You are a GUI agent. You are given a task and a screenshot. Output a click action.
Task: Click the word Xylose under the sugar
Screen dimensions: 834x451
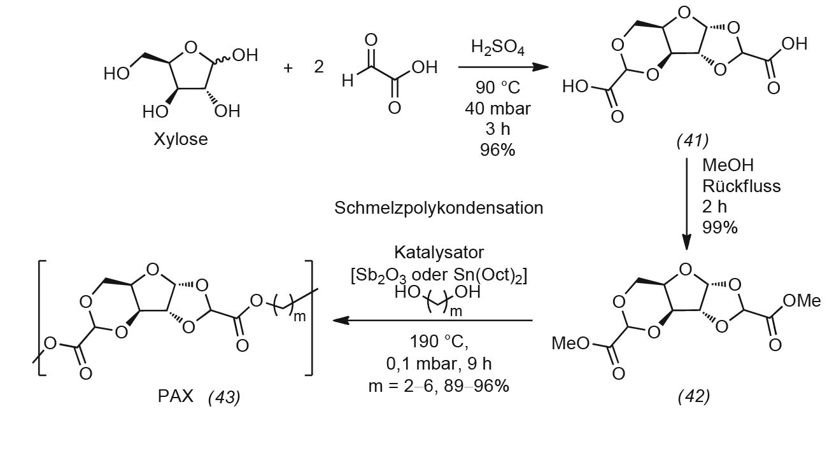pos(181,139)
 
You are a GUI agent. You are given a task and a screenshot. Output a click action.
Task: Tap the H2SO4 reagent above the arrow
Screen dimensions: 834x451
pos(498,48)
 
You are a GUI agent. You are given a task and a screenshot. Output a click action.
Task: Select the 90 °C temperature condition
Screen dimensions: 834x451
pos(498,88)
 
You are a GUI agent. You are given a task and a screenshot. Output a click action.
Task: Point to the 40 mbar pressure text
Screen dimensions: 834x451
pos(498,109)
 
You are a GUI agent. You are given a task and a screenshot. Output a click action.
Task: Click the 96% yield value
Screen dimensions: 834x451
pos(498,150)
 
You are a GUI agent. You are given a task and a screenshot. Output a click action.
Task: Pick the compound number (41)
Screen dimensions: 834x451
pos(693,141)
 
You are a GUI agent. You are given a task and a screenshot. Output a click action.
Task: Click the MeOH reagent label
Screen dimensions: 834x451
pos(728,165)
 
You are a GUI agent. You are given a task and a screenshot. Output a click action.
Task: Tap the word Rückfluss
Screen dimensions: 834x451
pos(741,186)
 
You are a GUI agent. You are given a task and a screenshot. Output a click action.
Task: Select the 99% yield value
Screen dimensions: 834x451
pos(719,227)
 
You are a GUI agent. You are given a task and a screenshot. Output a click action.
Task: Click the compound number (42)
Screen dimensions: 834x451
pos(694,397)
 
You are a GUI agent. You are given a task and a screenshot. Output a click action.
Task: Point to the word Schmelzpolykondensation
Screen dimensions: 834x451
pos(439,207)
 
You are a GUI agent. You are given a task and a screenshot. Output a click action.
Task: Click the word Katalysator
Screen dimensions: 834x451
pos(439,253)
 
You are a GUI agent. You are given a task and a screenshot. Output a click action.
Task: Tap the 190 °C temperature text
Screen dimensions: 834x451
pos(439,342)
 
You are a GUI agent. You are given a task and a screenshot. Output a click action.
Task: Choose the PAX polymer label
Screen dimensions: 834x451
pos(176,396)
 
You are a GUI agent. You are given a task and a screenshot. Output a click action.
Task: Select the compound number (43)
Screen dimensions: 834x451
pos(224,397)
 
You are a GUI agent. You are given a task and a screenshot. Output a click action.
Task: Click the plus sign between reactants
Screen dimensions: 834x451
pos(288,67)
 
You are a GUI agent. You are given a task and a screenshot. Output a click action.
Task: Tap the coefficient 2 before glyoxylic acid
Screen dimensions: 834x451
pos(319,67)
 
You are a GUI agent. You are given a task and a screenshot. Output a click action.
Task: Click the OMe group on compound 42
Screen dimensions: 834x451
pos(802,301)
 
